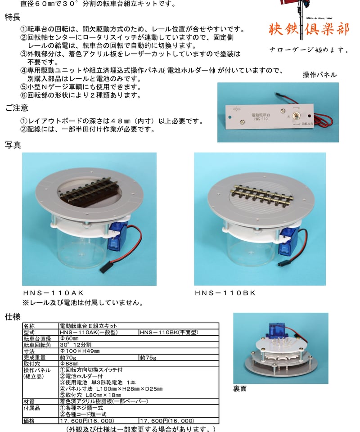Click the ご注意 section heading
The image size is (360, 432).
(x=17, y=108)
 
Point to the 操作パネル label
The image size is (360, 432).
(x=319, y=75)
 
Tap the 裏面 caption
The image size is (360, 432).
(x=240, y=388)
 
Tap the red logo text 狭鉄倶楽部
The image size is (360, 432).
(x=308, y=31)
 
